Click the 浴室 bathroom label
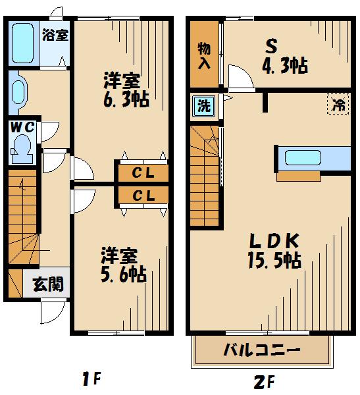coord(54,36)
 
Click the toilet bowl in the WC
coord(23,147)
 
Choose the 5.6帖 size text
coord(123,273)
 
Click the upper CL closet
coord(143,174)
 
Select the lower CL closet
coord(143,196)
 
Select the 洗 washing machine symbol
coord(204,106)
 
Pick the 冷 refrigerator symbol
coord(340,103)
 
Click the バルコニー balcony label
coord(262,350)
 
